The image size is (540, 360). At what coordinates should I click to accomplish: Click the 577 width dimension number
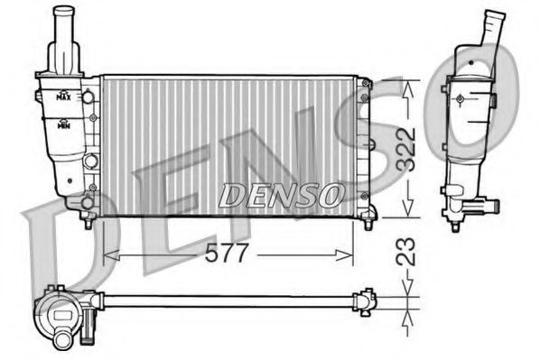(227, 254)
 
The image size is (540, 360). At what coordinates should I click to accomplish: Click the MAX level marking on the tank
(64, 95)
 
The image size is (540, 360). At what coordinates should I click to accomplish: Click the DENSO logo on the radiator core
(281, 191)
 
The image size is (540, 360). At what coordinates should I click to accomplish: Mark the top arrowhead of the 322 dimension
(408, 84)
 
